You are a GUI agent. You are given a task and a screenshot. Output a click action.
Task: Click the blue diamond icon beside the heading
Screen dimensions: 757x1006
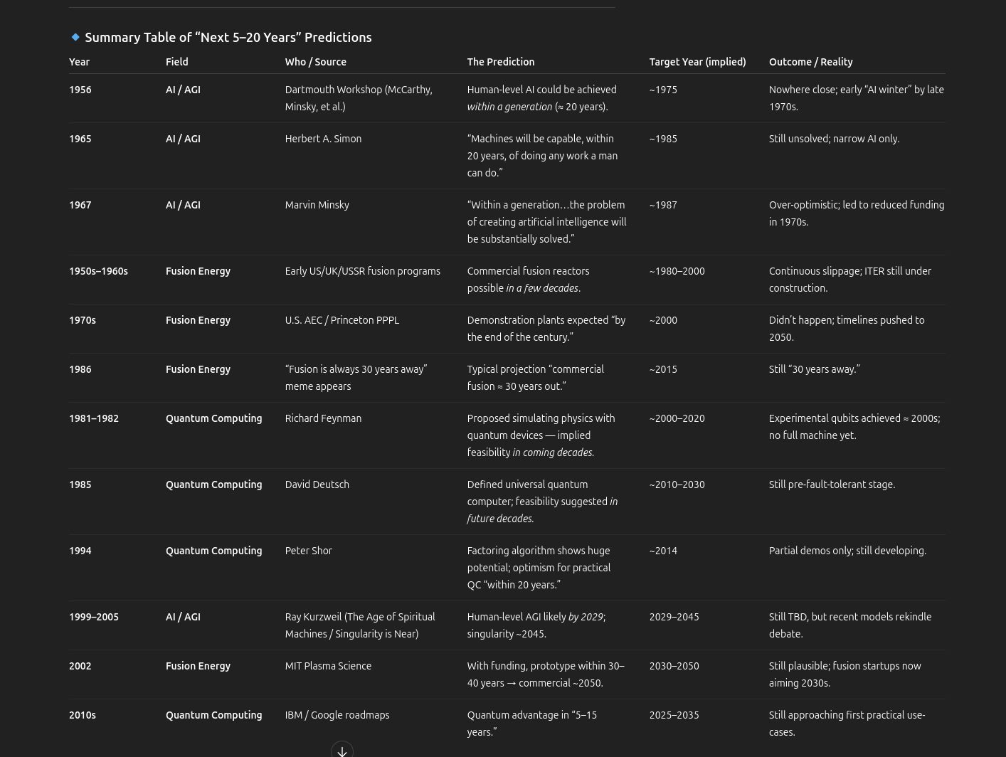point(75,37)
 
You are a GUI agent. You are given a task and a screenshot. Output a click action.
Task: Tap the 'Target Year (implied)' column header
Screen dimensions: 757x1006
point(697,62)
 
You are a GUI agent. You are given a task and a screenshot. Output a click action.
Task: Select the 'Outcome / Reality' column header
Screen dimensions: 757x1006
point(810,62)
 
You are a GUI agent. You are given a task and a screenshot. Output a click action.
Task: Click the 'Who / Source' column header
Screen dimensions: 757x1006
point(315,62)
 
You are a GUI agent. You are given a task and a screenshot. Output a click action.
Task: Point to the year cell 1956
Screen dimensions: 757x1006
point(80,90)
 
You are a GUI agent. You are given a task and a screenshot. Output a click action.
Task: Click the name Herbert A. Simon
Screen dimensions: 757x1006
point(323,139)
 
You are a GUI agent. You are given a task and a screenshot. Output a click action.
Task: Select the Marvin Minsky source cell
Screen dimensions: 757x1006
point(317,205)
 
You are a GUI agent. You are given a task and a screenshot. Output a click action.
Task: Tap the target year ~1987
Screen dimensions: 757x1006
point(662,205)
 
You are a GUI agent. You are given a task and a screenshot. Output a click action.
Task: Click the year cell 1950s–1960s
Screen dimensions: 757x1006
point(98,271)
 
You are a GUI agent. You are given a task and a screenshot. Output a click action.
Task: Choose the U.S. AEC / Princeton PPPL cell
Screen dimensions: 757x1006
point(341,320)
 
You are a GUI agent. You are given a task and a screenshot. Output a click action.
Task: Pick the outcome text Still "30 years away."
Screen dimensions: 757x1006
point(814,369)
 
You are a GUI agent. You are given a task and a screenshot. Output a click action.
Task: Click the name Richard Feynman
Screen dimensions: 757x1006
point(323,418)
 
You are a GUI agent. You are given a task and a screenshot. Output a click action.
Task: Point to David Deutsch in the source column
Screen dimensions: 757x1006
point(317,485)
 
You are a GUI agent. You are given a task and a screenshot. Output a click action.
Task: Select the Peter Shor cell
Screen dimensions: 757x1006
point(308,551)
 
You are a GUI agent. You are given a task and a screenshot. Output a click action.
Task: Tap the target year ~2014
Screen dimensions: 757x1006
point(662,551)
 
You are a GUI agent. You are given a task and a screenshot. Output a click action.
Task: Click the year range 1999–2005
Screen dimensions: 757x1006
point(93,617)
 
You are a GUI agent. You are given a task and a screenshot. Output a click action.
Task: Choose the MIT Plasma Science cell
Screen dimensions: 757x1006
point(328,666)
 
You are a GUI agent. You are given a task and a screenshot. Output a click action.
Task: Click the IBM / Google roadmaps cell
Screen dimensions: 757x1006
point(337,715)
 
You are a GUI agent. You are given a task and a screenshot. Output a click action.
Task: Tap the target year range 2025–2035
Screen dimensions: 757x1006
point(674,715)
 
